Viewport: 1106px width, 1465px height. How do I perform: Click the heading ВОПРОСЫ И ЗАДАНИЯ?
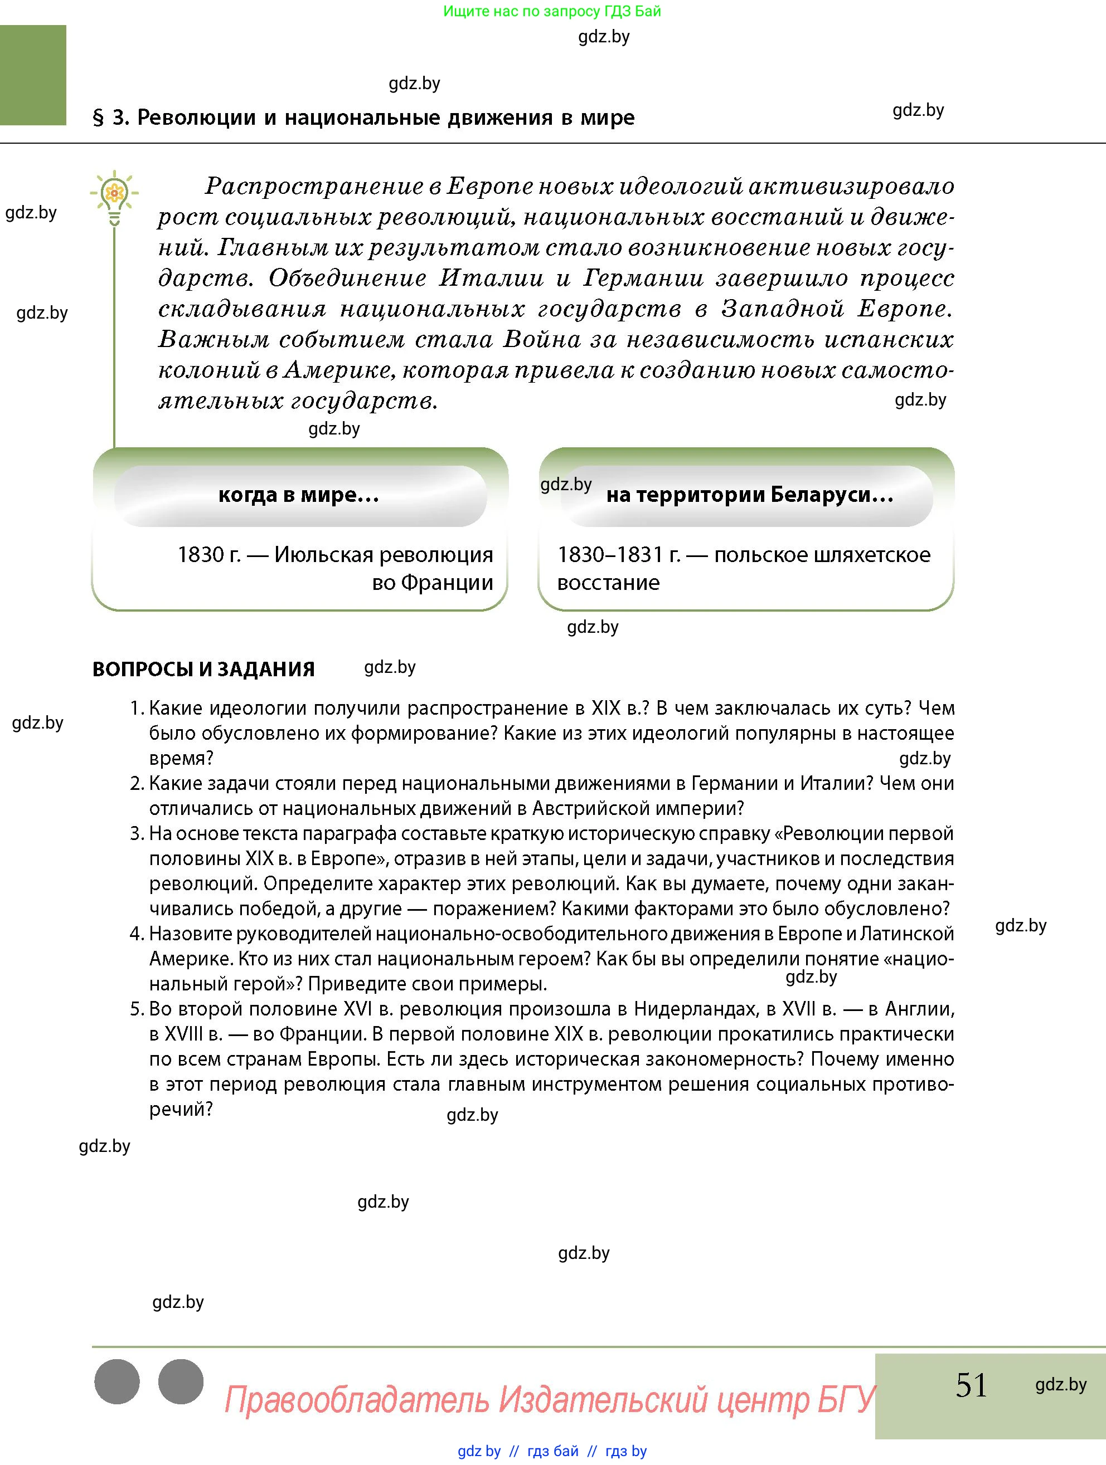click(x=203, y=669)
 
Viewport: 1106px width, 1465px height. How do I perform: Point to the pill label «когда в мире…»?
click(x=299, y=495)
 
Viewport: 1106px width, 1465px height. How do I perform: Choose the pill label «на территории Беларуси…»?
click(x=749, y=495)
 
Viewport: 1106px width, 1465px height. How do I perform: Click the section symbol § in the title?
click(x=98, y=118)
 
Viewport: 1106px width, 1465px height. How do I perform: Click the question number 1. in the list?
click(x=137, y=709)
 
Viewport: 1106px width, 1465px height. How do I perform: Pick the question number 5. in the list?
click(x=137, y=1009)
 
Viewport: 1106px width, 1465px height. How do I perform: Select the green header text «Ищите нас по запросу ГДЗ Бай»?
click(x=551, y=11)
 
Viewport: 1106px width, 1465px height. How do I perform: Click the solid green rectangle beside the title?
click(x=33, y=75)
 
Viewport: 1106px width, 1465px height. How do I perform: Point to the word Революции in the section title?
click(x=196, y=118)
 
